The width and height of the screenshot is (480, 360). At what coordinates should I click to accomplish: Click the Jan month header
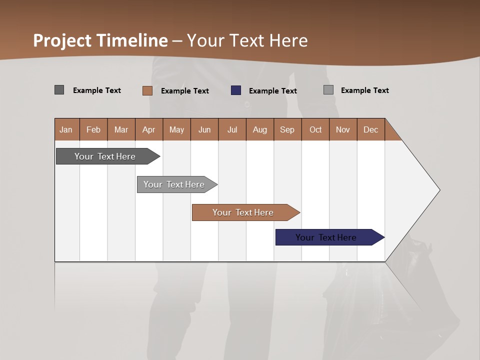pos(66,129)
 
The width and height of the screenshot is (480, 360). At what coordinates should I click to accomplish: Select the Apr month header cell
pos(149,129)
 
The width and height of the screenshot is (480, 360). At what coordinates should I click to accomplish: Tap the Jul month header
pos(232,129)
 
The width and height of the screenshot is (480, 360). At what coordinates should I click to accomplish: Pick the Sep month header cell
pos(287,129)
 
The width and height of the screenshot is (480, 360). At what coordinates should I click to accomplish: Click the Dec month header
pos(370,129)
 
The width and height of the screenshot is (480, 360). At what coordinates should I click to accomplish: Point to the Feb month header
pos(93,129)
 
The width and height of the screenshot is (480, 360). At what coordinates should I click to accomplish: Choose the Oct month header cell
pos(315,129)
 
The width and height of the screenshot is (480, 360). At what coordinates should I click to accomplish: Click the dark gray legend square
pos(59,90)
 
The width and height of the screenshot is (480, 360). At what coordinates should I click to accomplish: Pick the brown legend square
pos(147,90)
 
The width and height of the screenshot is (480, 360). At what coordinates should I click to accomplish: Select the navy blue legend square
pos(236,90)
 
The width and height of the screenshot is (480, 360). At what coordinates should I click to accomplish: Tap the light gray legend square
pos(328,90)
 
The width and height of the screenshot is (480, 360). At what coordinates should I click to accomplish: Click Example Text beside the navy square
pos(272,91)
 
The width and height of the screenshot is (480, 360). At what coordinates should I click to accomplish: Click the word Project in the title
pos(63,40)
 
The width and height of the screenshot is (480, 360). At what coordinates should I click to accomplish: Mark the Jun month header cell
pos(204,129)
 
